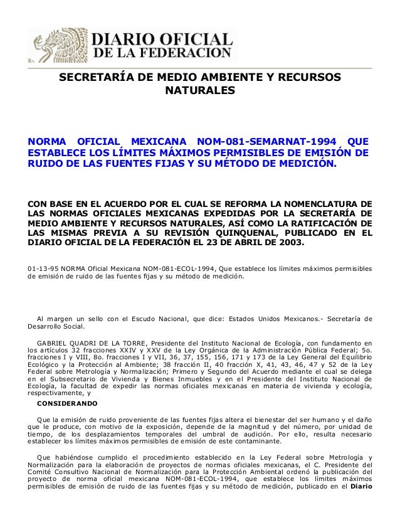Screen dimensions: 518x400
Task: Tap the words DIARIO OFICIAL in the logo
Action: (x=163, y=37)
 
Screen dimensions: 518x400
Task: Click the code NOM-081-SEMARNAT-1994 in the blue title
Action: (x=270, y=139)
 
